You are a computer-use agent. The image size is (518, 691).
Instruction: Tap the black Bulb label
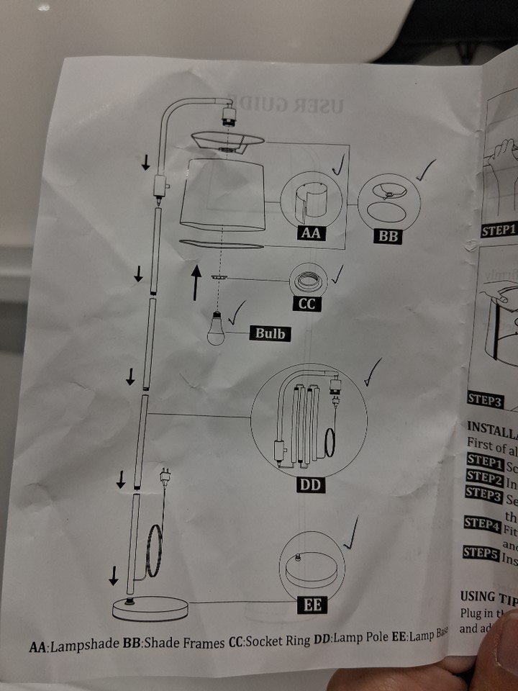coord(270,333)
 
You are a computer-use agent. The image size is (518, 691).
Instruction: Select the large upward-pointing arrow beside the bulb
coord(196,282)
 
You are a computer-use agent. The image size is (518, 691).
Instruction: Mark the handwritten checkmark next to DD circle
coord(373,373)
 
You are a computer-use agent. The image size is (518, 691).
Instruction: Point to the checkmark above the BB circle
coord(427,170)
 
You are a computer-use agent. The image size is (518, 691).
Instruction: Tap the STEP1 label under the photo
coord(499,230)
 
